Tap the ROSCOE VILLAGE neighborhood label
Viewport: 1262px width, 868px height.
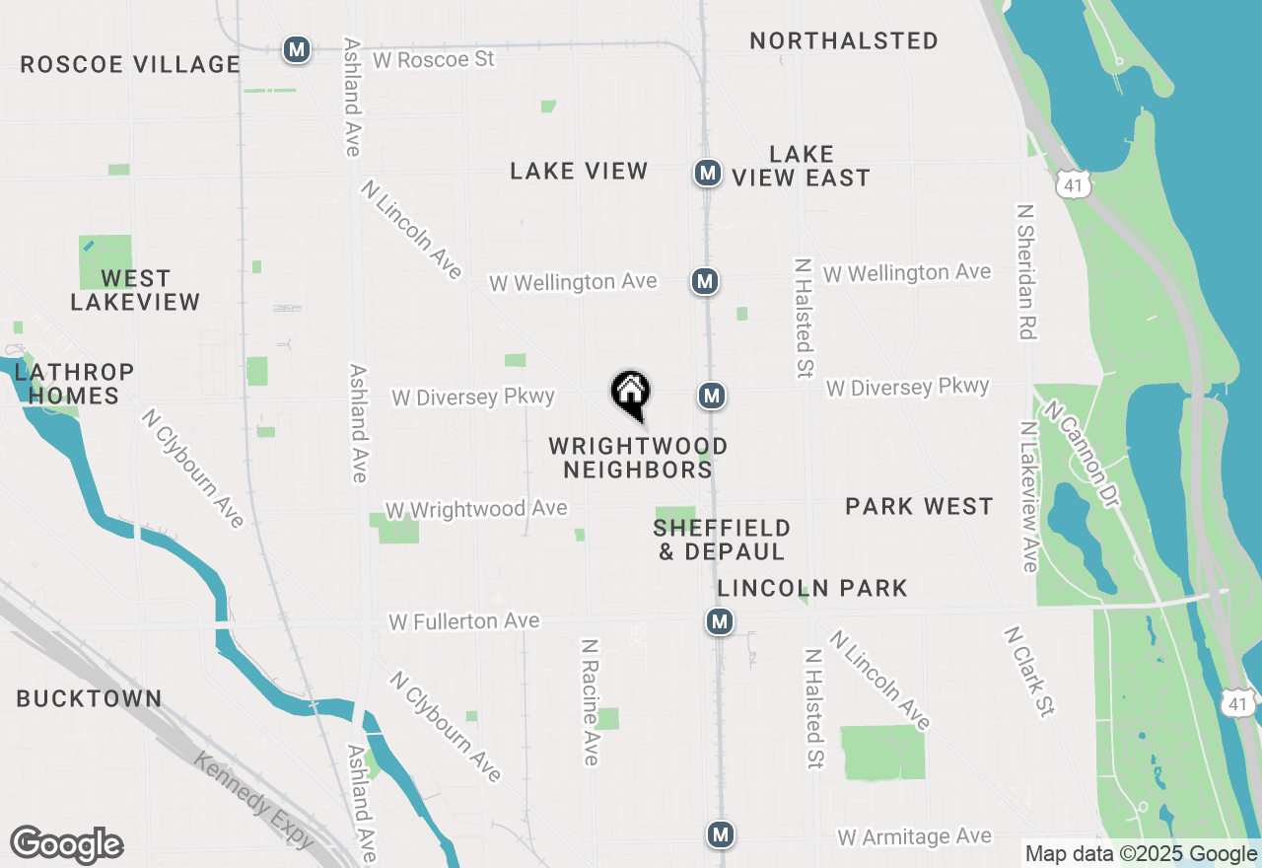click(x=129, y=65)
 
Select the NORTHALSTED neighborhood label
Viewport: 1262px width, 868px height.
click(x=843, y=41)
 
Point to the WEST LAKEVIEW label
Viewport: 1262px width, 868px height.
click(x=135, y=290)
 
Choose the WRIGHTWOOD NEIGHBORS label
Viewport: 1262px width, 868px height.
click(x=638, y=458)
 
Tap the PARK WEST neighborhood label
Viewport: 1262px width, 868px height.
click(x=919, y=507)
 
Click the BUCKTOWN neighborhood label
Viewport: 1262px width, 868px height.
click(x=89, y=698)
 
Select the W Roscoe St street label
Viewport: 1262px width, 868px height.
click(x=433, y=59)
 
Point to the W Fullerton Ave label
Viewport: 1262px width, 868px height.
click(x=463, y=621)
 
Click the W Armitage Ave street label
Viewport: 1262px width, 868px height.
click(x=914, y=836)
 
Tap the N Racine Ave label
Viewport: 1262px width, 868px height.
click(x=590, y=701)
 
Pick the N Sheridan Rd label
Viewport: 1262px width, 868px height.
click(x=1025, y=271)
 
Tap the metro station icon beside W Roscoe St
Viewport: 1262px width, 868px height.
click(x=296, y=49)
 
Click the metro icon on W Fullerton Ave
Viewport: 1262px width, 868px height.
click(x=719, y=621)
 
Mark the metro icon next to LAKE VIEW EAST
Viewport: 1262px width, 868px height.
click(x=706, y=173)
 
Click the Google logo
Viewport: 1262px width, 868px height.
click(x=67, y=845)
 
